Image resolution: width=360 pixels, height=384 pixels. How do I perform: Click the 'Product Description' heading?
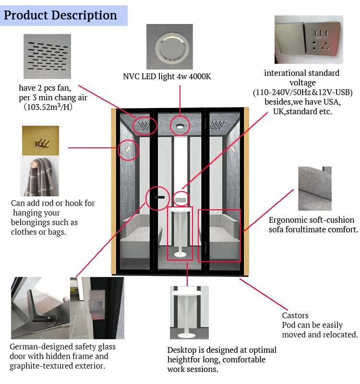point(60,15)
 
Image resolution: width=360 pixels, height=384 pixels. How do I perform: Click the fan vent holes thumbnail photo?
point(47,56)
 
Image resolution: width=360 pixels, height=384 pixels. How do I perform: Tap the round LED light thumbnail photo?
point(169,47)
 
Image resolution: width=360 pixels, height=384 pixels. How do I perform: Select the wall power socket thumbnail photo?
point(308,40)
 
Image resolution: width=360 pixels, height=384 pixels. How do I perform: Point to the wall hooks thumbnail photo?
point(40,141)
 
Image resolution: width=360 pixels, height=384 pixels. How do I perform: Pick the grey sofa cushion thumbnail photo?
point(314,188)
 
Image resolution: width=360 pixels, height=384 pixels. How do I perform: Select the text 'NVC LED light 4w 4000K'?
point(167,76)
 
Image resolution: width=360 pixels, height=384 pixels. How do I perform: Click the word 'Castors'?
point(295,315)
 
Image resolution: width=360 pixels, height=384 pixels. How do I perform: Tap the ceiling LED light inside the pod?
point(180,126)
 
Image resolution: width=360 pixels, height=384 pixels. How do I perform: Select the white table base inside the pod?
point(180,253)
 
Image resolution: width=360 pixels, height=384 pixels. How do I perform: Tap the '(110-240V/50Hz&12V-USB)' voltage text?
point(302,92)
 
